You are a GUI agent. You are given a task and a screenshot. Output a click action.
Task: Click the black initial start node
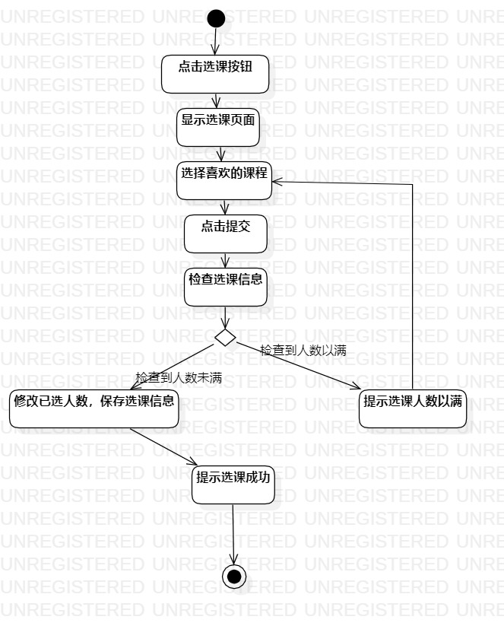pyautogui.click(x=216, y=18)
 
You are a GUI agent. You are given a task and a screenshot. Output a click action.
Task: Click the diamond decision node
pyautogui.click(x=225, y=337)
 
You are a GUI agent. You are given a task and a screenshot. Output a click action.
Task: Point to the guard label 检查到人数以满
pyautogui.click(x=303, y=351)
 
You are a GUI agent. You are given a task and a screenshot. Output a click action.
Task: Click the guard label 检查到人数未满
pyautogui.click(x=178, y=377)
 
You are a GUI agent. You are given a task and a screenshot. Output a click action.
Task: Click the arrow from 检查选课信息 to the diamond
pyautogui.click(x=226, y=317)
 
